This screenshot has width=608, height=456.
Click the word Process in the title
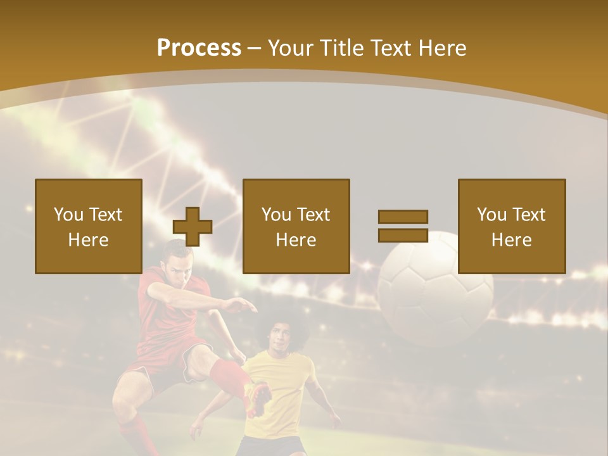click(x=199, y=48)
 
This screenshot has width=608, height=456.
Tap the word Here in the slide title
click(x=443, y=48)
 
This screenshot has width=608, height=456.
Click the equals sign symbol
click(x=403, y=226)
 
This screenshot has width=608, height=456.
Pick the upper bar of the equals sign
click(x=403, y=217)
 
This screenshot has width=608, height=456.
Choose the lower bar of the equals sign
click(x=403, y=235)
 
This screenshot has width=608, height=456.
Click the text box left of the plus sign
click(x=89, y=226)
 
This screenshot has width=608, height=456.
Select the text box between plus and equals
click(x=296, y=226)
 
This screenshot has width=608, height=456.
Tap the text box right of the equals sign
click(x=512, y=226)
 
